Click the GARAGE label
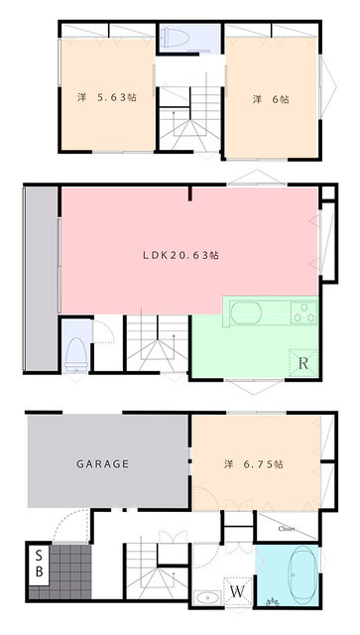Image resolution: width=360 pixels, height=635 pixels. click(x=102, y=463)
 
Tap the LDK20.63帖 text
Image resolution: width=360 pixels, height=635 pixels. click(x=181, y=255)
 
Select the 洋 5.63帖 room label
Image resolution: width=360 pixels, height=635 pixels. click(x=106, y=97)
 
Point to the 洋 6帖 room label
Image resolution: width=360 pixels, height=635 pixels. click(x=271, y=99)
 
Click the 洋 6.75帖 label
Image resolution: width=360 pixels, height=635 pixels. click(x=254, y=463)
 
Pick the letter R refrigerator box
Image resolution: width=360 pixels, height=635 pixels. click(x=303, y=363)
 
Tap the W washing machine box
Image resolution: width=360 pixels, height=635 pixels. click(x=238, y=591)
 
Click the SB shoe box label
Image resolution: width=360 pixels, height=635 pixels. click(x=39, y=563)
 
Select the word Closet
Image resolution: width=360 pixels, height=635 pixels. click(x=286, y=529)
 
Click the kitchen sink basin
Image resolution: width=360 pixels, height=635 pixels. click(x=246, y=314)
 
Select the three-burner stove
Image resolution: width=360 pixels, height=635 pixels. click(x=303, y=313)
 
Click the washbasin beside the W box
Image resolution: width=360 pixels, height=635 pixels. click(x=207, y=597)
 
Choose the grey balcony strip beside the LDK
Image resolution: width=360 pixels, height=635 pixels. click(x=42, y=278)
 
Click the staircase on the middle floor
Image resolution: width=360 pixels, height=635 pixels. click(x=157, y=342)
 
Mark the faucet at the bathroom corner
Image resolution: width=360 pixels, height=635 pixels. click(x=273, y=601)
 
